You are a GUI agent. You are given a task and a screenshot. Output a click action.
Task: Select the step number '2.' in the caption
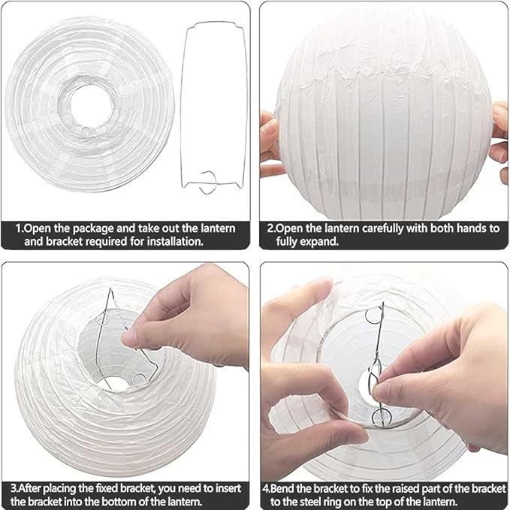point(271,228)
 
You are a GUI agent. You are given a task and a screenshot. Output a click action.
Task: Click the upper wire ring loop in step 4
point(374,315)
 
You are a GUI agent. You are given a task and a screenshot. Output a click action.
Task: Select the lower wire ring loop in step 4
point(382,417)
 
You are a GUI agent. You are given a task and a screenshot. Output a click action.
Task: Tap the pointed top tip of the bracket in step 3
point(110,289)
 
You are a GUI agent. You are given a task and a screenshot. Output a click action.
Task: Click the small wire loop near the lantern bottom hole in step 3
point(140,379)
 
